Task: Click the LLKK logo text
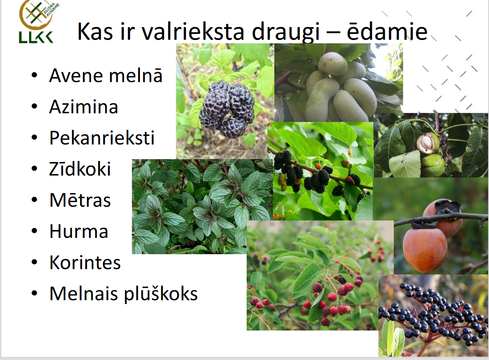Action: (36, 37)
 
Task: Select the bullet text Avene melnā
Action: (106, 75)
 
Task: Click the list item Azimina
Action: (84, 107)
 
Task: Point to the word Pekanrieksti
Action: (102, 138)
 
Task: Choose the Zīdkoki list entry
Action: (80, 169)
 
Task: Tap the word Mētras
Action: (80, 200)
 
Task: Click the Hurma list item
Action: (79, 231)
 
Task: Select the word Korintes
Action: (85, 262)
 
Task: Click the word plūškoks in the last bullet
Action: (161, 294)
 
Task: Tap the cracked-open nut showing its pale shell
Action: (428, 143)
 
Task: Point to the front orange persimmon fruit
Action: (424, 250)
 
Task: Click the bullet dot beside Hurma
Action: (34, 231)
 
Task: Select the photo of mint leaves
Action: (202, 206)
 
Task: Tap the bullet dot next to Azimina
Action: (34, 106)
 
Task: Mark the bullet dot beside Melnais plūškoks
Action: (34, 293)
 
